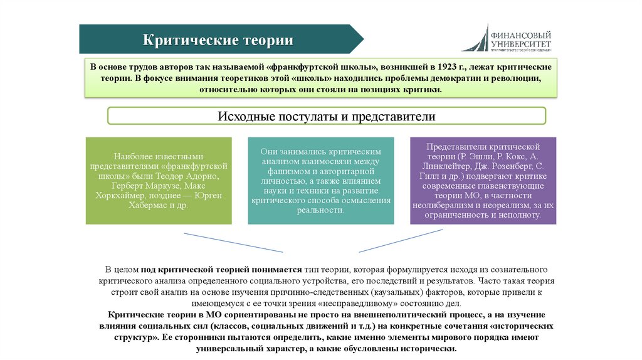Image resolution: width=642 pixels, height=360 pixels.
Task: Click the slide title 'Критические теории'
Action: coord(219,40)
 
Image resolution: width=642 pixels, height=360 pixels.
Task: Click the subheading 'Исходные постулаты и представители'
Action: coord(326,117)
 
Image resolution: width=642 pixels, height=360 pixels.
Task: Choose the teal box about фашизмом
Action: coord(320,181)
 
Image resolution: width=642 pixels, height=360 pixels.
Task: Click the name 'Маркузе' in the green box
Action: coord(165,186)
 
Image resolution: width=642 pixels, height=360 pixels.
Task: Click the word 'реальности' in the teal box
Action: coord(320,210)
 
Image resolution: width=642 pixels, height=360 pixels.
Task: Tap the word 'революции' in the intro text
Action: coord(514,78)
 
